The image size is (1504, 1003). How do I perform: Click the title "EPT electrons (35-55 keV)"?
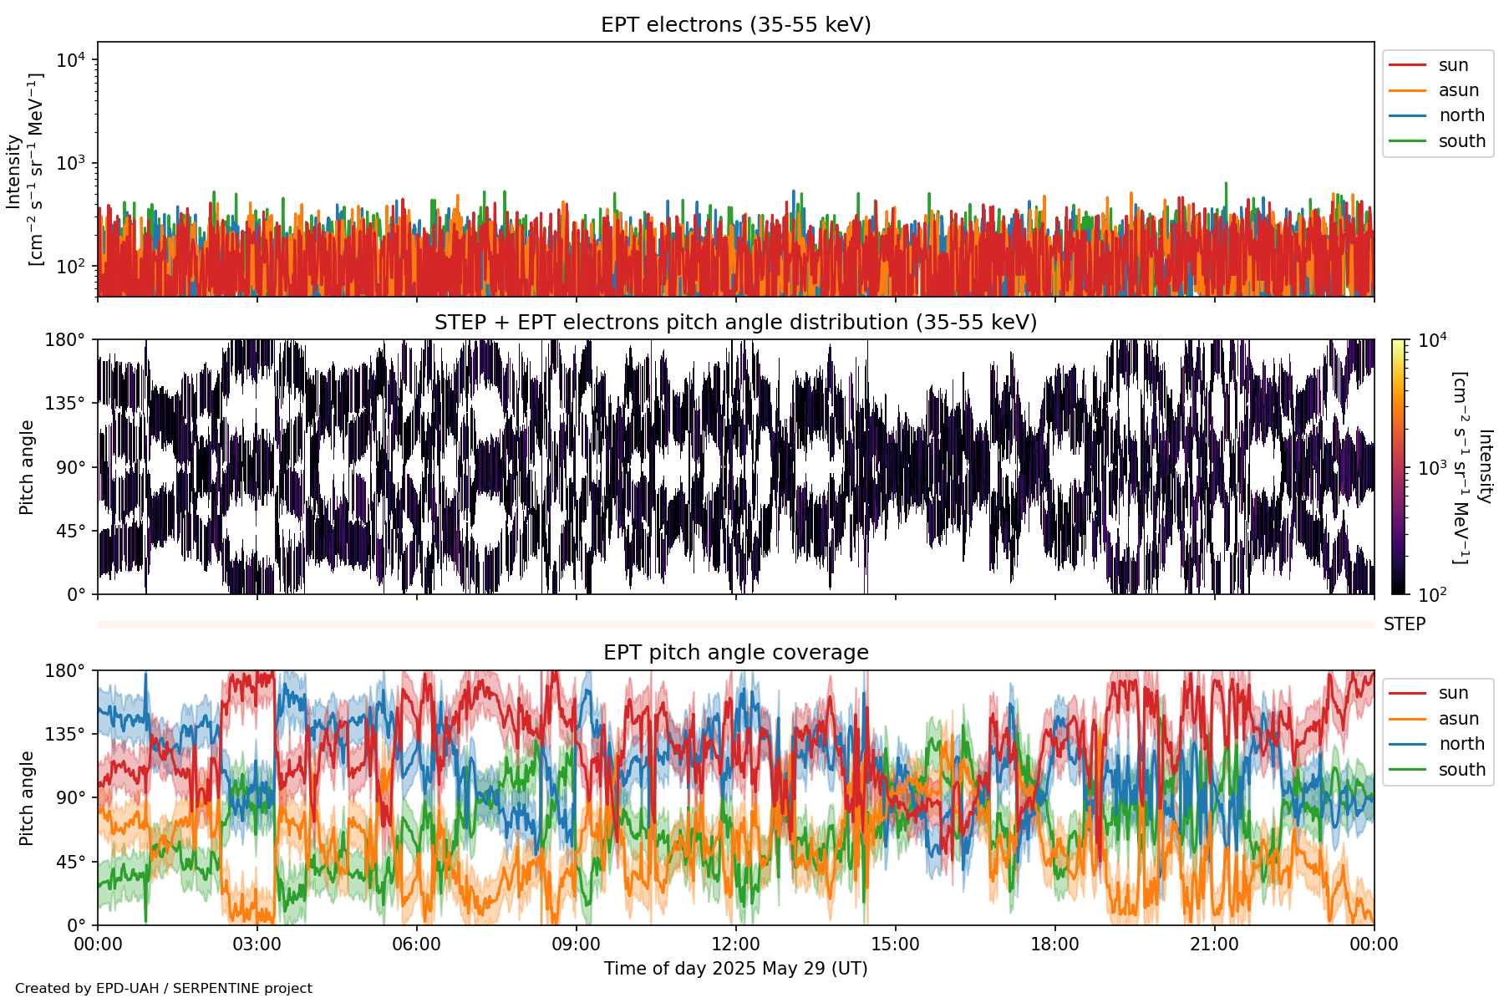[x=735, y=25]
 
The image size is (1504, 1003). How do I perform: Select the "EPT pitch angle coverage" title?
[x=735, y=653]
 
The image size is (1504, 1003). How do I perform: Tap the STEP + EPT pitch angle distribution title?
[x=735, y=323]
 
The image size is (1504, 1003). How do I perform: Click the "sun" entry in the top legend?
[x=1453, y=65]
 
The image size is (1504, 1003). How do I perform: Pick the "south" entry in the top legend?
[x=1461, y=141]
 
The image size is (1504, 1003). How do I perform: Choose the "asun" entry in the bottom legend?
[x=1458, y=719]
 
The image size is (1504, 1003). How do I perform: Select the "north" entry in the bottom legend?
[x=1461, y=744]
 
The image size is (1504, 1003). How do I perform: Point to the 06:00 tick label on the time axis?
[x=416, y=944]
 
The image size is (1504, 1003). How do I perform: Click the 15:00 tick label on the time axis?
[x=895, y=944]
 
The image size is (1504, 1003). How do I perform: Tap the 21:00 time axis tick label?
[x=1214, y=944]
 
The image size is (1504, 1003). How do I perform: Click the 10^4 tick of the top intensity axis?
[x=72, y=60]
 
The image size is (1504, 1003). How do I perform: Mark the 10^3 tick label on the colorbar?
[x=1432, y=468]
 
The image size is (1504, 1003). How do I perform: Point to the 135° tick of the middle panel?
[x=65, y=404]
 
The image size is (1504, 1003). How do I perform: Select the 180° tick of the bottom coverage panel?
[x=65, y=670]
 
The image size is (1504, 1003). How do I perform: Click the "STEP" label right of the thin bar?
[x=1404, y=624]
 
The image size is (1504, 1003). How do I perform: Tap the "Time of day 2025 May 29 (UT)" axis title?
[x=735, y=969]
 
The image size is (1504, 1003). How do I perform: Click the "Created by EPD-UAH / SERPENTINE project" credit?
[x=164, y=988]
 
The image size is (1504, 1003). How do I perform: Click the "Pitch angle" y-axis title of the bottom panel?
[x=27, y=798]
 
